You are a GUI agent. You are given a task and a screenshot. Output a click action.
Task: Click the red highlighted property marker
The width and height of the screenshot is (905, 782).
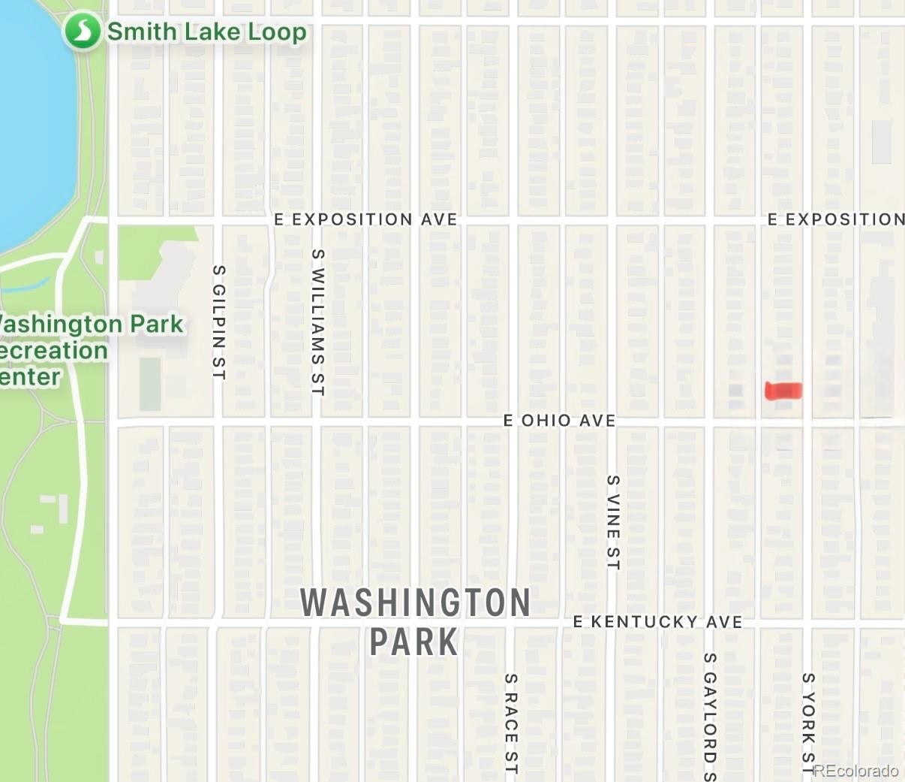pos(783,391)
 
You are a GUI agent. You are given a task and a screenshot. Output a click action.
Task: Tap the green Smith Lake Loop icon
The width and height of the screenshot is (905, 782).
pos(82,32)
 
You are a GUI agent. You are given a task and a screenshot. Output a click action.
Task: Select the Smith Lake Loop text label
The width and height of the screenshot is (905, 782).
pos(206,32)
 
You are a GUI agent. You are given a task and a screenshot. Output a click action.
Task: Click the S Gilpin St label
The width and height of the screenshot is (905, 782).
pos(218,322)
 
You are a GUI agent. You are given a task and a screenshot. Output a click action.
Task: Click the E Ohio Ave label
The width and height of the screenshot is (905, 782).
pos(559,420)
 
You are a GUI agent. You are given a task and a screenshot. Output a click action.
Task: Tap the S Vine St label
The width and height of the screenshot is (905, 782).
pos(613,522)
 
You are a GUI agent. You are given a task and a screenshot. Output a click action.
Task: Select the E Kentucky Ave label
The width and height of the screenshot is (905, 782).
pos(657,622)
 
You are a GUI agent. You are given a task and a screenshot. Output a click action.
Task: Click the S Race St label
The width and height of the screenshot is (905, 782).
pos(510,723)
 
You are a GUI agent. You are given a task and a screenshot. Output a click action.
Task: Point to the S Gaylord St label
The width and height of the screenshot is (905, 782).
pos(710,717)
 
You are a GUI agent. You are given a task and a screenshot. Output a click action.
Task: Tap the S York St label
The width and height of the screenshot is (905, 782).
pos(807,723)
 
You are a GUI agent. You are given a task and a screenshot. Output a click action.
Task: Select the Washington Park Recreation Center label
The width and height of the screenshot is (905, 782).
pos(83,350)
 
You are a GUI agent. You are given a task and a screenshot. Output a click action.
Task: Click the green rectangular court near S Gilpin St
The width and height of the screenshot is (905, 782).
pos(150,383)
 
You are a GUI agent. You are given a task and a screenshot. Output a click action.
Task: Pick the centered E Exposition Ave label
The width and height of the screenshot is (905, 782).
pos(365,219)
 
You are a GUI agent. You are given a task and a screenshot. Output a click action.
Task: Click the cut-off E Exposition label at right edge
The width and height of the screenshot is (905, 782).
pos(835,219)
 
